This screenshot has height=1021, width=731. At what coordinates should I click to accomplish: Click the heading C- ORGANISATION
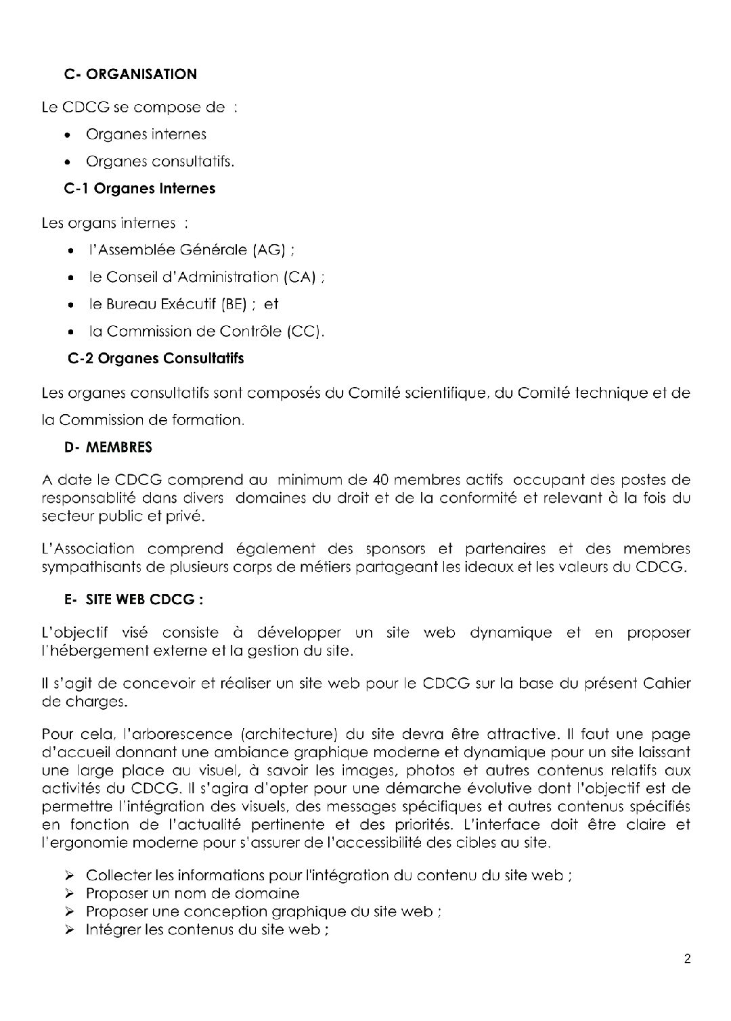click(x=131, y=74)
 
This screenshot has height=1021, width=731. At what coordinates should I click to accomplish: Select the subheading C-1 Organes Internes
click(x=140, y=189)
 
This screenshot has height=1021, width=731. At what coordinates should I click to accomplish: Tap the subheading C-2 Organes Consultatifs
click(x=156, y=359)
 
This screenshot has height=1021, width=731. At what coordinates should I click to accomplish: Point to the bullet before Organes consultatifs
click(x=70, y=162)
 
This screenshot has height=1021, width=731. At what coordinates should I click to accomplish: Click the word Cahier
click(x=667, y=683)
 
